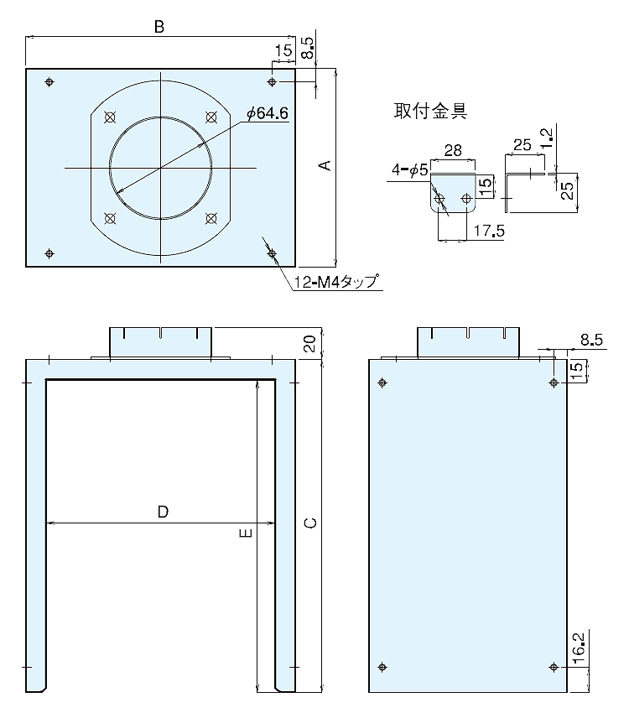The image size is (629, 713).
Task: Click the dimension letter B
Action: coord(159,27)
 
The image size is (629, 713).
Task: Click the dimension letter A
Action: coord(325,165)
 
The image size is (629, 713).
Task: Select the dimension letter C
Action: coord(310,523)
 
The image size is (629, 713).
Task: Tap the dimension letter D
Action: coord(163,512)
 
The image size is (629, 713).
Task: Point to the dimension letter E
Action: coord(246,533)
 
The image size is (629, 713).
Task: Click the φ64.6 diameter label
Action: coord(268,113)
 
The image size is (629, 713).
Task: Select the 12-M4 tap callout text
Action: coord(335,282)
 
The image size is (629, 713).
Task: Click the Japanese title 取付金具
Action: coord(430,111)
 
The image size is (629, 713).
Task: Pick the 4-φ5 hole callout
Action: coord(410,170)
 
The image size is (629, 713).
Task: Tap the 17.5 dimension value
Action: coord(489,231)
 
